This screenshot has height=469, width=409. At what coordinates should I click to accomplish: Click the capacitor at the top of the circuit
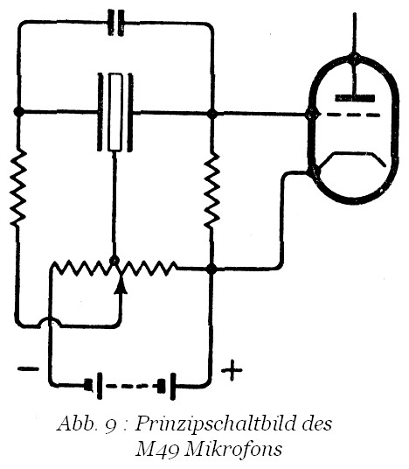tap(116, 23)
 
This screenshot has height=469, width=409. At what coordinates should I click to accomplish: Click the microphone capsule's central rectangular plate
tap(115, 112)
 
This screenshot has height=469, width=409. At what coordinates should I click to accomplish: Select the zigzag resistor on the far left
tap(18, 188)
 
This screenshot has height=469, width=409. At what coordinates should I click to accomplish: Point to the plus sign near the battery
tap(232, 371)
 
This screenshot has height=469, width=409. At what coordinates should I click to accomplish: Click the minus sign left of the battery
tap(28, 369)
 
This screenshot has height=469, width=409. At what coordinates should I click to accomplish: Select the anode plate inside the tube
tap(355, 98)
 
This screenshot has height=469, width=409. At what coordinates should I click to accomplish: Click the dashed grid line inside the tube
tap(351, 115)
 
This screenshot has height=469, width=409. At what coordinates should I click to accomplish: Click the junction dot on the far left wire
tap(19, 112)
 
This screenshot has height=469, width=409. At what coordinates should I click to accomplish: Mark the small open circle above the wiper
tap(114, 261)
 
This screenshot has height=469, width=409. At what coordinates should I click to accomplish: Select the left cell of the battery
tap(95, 386)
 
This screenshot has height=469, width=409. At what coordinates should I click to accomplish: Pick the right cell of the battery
tap(167, 386)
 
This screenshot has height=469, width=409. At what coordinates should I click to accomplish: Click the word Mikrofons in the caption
tap(233, 449)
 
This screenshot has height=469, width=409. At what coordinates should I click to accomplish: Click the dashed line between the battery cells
tap(129, 386)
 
